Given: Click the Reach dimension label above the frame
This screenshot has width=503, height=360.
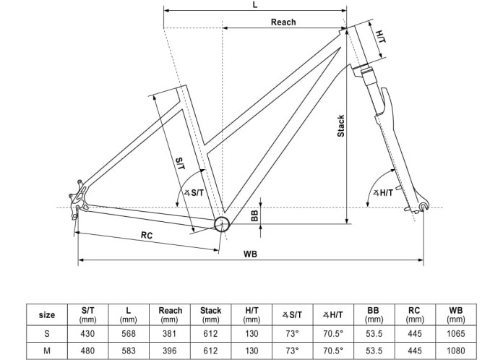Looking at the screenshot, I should coord(283,22).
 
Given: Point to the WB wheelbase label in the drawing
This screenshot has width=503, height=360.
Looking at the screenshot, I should coord(250,254).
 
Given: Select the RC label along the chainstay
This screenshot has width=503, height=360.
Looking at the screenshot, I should coord(147,235).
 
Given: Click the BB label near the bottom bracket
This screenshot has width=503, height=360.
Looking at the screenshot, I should coord(255,215).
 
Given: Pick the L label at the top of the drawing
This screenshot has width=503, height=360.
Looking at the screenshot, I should coord(255,5).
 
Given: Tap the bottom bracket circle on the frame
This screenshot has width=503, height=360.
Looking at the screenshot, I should coord(221,224).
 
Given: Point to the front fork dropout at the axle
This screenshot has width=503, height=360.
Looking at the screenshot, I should coord(424,209).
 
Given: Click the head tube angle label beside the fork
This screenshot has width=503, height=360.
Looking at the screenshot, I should coord(382,192).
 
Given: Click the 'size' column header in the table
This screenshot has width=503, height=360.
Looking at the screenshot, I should coord(46,314).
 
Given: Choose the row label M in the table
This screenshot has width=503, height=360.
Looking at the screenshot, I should coord(46,349).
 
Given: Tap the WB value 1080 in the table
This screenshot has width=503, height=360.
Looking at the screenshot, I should coord(455,349).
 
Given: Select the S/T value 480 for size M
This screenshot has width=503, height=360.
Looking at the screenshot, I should coord(88,349).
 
